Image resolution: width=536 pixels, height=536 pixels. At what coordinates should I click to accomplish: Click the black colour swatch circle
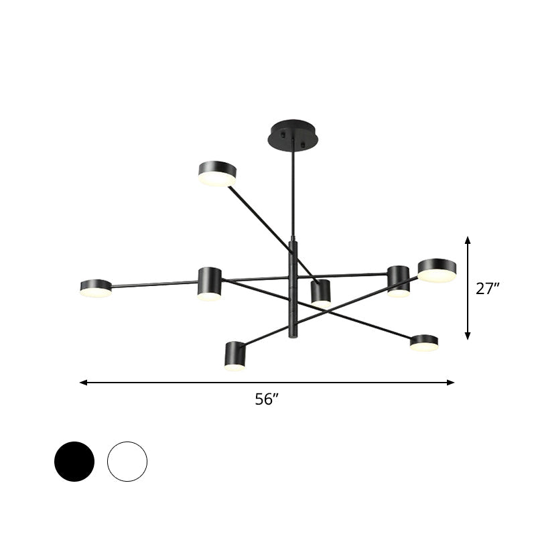point(74,461)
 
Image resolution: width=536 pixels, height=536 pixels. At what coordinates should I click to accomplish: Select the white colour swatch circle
point(127,461)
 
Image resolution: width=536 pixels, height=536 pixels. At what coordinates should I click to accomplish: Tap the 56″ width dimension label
point(266,399)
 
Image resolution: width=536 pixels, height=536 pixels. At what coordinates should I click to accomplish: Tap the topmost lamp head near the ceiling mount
point(217,174)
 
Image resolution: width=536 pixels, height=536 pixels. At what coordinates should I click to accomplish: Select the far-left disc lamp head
point(96,288)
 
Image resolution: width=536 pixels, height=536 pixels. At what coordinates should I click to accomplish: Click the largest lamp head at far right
point(437,270)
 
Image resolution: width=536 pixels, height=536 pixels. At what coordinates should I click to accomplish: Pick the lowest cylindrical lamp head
point(236,356)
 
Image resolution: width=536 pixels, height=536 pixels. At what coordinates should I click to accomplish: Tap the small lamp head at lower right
point(424,343)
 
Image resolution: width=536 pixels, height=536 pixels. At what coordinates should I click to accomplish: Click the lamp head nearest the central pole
point(322,293)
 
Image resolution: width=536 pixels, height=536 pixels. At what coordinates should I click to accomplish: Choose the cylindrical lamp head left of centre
point(210,283)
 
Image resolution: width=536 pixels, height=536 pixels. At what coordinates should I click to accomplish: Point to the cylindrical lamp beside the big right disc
point(399,281)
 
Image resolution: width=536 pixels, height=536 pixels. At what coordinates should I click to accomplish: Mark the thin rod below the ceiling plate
point(292,194)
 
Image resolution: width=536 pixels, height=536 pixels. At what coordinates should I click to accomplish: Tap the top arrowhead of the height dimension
point(468,239)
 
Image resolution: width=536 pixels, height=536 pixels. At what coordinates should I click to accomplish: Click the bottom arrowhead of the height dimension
point(468,336)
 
